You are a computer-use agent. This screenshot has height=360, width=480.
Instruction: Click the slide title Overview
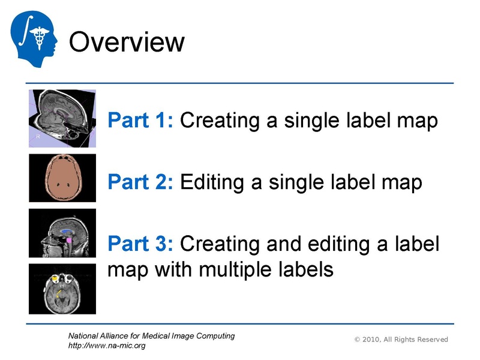click(127, 43)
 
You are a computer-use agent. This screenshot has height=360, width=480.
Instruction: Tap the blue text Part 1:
click(140, 121)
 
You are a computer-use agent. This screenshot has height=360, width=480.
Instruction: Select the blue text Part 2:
click(140, 181)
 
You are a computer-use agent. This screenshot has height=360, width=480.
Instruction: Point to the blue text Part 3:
click(140, 244)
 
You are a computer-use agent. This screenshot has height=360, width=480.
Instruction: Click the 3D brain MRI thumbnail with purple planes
click(62, 118)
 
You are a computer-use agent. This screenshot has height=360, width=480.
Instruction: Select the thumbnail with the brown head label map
click(62, 178)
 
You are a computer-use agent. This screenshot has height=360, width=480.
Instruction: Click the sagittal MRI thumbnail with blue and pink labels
click(62, 233)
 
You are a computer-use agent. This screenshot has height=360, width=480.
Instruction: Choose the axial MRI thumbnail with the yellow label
click(62, 288)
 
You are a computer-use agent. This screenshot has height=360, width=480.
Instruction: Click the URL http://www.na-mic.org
click(107, 346)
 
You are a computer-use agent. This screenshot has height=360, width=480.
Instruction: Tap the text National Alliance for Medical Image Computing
click(152, 336)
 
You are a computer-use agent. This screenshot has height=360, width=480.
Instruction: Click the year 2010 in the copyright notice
click(373, 340)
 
